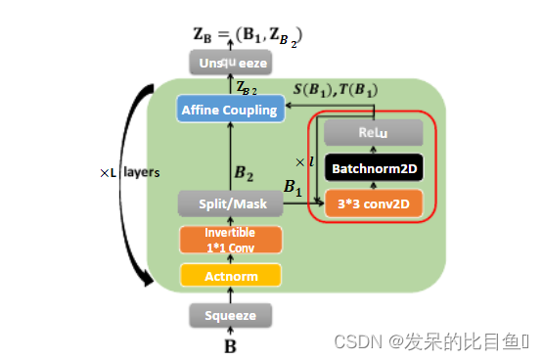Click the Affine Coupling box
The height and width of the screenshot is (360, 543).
tap(228, 110)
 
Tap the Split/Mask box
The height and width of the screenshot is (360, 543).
tap(230, 203)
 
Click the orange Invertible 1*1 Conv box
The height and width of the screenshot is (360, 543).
tap(230, 240)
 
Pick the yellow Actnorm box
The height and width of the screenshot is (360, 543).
tap(230, 276)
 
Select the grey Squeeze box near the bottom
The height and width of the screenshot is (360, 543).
tap(230, 315)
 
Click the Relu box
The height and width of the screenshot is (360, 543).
tap(373, 133)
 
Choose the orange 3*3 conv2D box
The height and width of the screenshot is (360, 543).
tap(373, 203)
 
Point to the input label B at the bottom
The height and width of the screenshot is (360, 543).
tap(230, 345)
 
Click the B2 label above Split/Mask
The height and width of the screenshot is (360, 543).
tap(245, 174)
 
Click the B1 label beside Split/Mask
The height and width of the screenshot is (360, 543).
tap(293, 186)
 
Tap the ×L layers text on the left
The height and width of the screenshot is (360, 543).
tap(129, 172)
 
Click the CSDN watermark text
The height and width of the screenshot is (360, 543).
tap(430, 341)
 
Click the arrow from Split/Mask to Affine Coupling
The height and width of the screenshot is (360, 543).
tap(230, 157)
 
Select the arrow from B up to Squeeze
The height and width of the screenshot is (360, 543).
tap(230, 332)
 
